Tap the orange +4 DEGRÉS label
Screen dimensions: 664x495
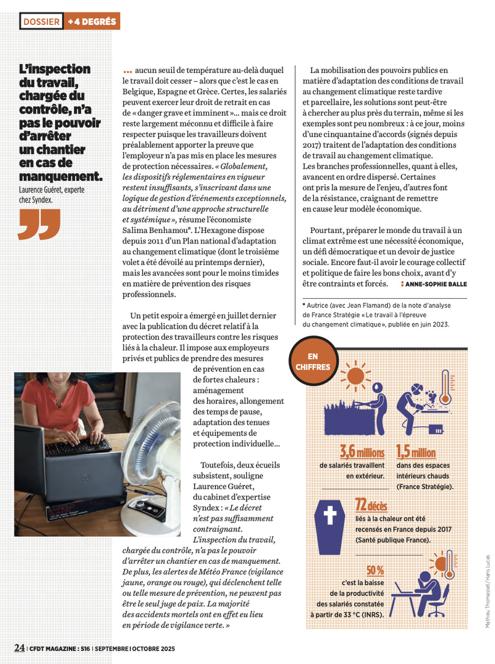click(92, 22)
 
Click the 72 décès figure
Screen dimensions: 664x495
click(371, 505)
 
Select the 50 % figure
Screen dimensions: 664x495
click(375, 569)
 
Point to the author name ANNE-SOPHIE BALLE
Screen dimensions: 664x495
click(436, 284)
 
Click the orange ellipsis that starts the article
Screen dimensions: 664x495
click(128, 70)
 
